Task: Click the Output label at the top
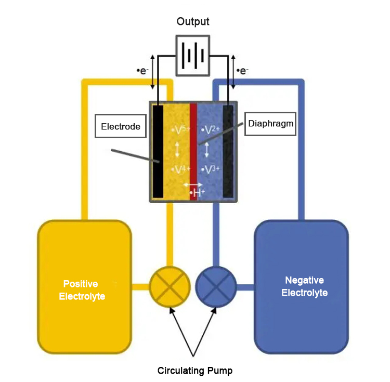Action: point(193,21)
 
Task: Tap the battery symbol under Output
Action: point(193,55)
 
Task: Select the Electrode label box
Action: point(121,126)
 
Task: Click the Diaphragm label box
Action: point(270,124)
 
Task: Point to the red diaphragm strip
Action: point(193,151)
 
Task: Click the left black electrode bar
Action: point(158,151)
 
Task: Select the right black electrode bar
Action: point(228,151)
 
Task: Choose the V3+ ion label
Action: point(211,169)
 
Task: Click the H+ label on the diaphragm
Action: point(198,193)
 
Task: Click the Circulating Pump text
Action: point(195,371)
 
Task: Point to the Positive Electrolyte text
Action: point(83,290)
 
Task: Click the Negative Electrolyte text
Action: point(304,286)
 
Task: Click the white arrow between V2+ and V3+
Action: point(207,150)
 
